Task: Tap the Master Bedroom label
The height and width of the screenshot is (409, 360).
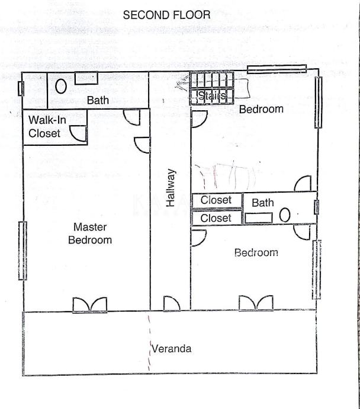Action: (x=90, y=233)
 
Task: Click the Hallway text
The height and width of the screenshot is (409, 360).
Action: (x=171, y=188)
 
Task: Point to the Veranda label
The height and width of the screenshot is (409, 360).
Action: (x=172, y=349)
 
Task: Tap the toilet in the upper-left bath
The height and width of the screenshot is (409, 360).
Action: (x=60, y=86)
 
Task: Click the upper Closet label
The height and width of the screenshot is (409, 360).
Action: (x=216, y=200)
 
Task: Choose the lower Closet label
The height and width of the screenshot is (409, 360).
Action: (x=216, y=218)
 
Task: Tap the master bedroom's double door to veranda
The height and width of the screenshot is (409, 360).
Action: (x=90, y=304)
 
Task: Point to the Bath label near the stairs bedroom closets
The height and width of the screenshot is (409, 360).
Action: (x=263, y=203)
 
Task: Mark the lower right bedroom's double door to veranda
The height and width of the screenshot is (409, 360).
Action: (x=256, y=303)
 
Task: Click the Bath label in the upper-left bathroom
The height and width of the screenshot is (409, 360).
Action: (x=98, y=101)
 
